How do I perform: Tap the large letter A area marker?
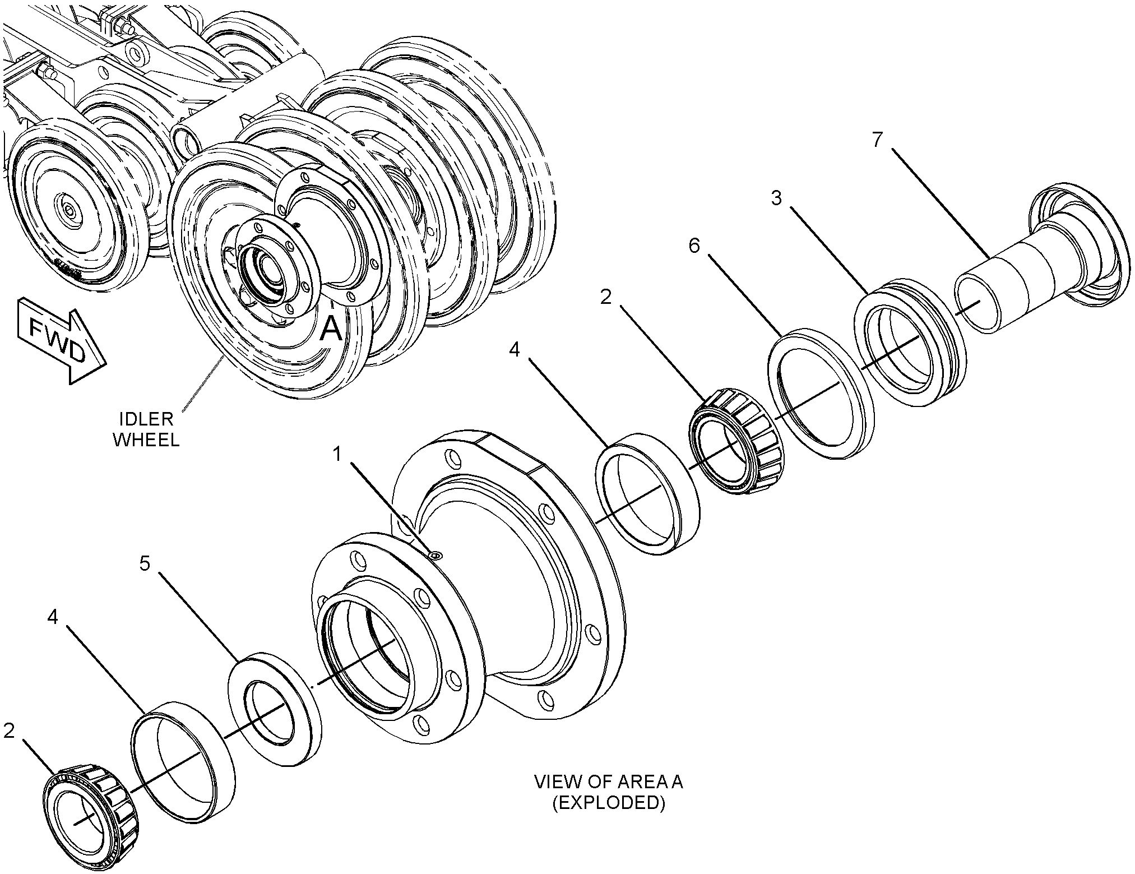point(331,328)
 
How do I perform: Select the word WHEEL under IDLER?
point(146,439)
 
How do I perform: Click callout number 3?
point(776,198)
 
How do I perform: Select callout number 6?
point(694,245)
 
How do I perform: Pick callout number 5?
point(145,563)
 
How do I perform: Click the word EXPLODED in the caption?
point(608,803)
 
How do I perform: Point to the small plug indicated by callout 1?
point(436,555)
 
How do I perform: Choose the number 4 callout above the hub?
point(515,349)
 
